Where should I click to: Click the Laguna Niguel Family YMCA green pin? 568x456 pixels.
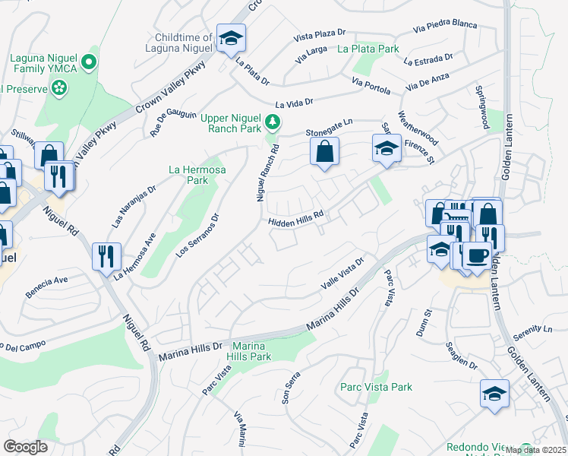[89, 62]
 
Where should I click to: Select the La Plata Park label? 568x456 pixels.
[368, 49]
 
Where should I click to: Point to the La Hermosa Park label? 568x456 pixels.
[187, 175]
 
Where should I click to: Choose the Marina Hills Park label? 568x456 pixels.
[251, 350]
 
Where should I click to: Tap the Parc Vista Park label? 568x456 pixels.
[377, 387]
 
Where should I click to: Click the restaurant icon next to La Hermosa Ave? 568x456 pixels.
[106, 255]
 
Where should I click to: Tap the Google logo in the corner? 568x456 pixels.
[25, 447]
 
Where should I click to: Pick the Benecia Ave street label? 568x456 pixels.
[47, 290]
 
